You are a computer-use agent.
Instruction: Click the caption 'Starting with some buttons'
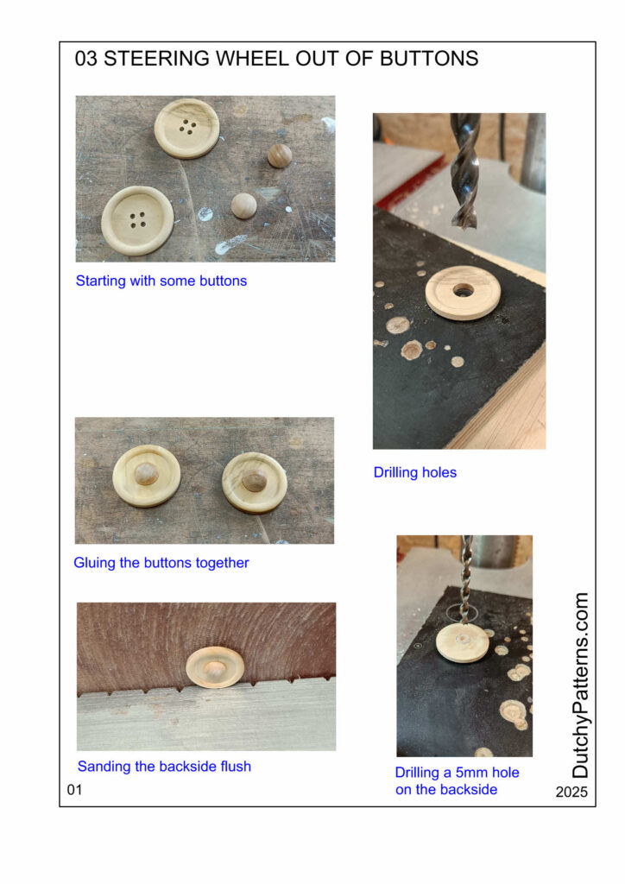(161, 281)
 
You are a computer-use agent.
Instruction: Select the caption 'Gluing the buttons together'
(161, 563)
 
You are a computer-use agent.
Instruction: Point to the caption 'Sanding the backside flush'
(164, 767)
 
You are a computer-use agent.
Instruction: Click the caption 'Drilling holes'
(414, 472)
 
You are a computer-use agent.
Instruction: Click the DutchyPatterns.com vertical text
(579, 685)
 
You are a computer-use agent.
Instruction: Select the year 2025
(571, 792)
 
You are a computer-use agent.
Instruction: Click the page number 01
(74, 790)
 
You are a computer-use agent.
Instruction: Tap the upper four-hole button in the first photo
(186, 129)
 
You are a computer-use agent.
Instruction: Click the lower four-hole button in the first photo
(137, 220)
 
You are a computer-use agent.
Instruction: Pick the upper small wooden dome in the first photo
(280, 156)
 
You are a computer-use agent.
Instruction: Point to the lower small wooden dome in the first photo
(244, 205)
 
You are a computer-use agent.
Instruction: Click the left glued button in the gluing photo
(147, 476)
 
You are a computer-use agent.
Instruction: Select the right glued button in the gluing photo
(255, 483)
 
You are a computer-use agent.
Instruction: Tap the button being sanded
(215, 668)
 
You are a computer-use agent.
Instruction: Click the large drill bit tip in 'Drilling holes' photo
(465, 224)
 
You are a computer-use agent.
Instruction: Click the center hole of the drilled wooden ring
(464, 291)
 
